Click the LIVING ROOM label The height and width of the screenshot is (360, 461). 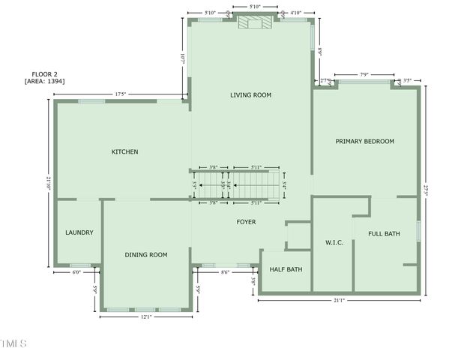coord(250,95)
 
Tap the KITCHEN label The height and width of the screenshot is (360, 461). coord(124,152)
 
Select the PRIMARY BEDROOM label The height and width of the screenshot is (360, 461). coord(364,141)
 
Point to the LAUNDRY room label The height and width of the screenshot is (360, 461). coord(79,232)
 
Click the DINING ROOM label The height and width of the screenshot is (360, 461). coord(145,255)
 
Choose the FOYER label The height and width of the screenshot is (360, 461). coord(246,222)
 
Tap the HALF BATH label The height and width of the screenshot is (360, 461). coord(286,269)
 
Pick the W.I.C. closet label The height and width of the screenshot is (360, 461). coord(334,243)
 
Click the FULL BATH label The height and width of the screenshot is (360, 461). coord(384,234)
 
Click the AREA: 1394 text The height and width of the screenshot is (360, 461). coord(44,81)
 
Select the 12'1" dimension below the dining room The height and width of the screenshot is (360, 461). coord(145,317)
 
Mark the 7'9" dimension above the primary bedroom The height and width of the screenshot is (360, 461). coord(364,74)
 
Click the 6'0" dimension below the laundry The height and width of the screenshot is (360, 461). coord(76,273)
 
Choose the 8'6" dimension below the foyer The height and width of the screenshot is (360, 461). coord(225,273)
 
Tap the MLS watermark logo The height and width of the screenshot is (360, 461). coord(13,343)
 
